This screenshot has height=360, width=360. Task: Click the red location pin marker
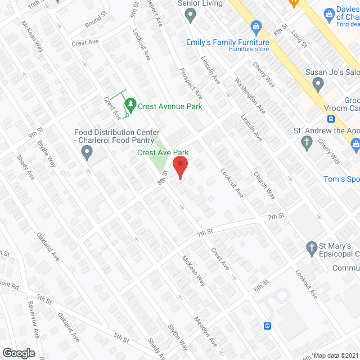click(179, 167)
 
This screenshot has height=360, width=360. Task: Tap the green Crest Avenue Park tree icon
click(130, 104)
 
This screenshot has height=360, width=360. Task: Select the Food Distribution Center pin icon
click(87, 152)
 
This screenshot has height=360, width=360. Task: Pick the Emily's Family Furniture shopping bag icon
click(256, 26)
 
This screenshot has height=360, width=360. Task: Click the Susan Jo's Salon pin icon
click(318, 84)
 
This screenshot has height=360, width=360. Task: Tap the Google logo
click(19, 353)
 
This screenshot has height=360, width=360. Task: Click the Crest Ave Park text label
click(163, 152)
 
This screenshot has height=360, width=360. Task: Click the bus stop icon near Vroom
click(331, 119)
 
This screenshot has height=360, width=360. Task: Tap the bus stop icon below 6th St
click(268, 326)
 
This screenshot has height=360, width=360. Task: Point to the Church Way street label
click(264, 186)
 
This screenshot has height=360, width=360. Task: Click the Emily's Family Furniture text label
click(228, 42)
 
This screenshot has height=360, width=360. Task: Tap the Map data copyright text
click(336, 355)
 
